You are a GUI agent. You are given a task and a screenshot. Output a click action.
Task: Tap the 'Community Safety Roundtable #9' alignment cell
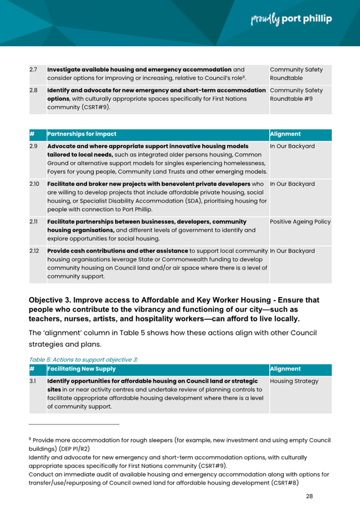click(296, 94)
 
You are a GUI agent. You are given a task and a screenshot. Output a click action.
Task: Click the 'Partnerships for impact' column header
click(82, 134)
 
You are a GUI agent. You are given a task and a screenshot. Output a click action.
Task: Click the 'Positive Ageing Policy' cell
click(300, 222)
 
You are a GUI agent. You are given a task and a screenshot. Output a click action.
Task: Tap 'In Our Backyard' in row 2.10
click(292, 184)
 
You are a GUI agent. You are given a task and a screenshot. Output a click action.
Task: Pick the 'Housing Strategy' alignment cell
click(294, 381)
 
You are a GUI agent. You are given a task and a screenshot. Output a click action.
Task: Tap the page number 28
click(309, 496)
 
